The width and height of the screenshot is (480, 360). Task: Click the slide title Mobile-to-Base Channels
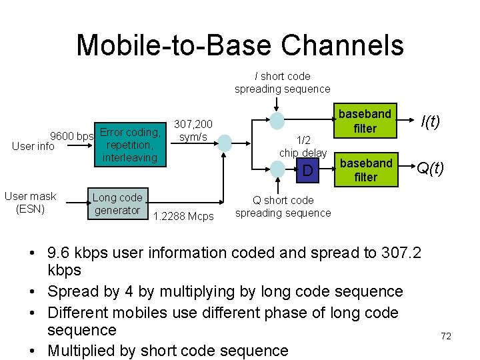pos(240,45)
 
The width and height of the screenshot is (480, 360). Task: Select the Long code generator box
pos(118,204)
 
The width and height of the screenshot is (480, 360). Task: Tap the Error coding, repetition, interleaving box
pos(129,145)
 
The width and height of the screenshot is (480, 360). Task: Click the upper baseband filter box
pos(365,121)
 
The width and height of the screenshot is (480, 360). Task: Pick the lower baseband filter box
pos(365,170)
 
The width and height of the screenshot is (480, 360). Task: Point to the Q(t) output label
pos(431,169)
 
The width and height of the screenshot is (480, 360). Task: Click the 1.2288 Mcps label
pos(183,216)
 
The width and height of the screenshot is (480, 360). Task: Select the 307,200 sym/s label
pos(193,131)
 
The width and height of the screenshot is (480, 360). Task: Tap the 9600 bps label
pos(73,137)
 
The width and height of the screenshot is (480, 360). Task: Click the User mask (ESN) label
pos(30,203)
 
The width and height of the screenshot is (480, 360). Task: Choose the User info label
pos(33,147)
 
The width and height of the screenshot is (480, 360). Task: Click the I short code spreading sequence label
pos(282,83)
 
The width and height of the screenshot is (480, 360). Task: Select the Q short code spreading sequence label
pos(283,207)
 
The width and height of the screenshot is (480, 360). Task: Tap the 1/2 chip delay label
pos(303,147)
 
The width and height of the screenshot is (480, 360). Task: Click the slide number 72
pos(446,336)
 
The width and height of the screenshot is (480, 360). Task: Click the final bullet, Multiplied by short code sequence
pos(168,351)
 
